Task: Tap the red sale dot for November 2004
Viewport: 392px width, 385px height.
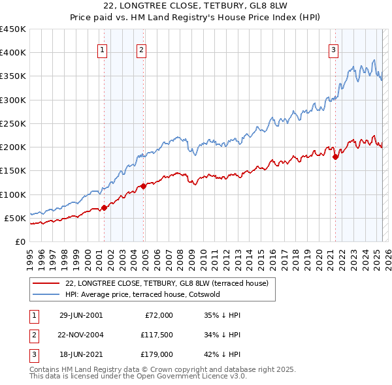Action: pyautogui.click(x=144, y=187)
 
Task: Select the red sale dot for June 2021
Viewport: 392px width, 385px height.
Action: pyautogui.click(x=335, y=157)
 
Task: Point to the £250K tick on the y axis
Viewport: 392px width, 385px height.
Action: pyautogui.click(x=13, y=123)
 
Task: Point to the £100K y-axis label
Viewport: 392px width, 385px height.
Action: pyautogui.click(x=13, y=194)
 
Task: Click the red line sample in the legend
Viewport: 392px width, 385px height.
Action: pyautogui.click(x=45, y=283)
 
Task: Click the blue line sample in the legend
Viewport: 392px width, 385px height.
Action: pyautogui.click(x=45, y=294)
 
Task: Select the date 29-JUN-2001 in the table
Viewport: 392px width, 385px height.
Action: pyautogui.click(x=81, y=315)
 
